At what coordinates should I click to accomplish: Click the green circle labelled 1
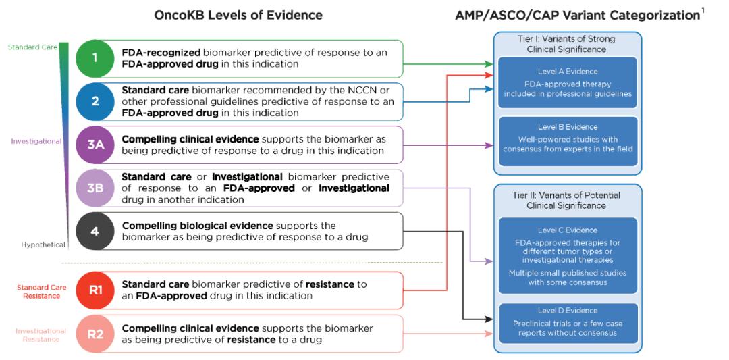(95, 58)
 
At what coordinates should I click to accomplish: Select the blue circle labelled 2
(95, 101)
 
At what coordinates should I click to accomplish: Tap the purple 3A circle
(95, 145)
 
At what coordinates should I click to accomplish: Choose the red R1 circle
(95, 290)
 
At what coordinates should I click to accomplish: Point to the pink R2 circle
(95, 334)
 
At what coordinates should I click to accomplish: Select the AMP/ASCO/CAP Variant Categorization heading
(577, 15)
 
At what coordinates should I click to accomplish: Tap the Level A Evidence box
(568, 82)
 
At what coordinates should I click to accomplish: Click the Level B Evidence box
(568, 141)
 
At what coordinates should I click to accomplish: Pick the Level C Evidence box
(568, 256)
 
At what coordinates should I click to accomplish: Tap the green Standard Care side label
(32, 47)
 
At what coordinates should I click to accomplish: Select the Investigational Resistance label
(41, 335)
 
